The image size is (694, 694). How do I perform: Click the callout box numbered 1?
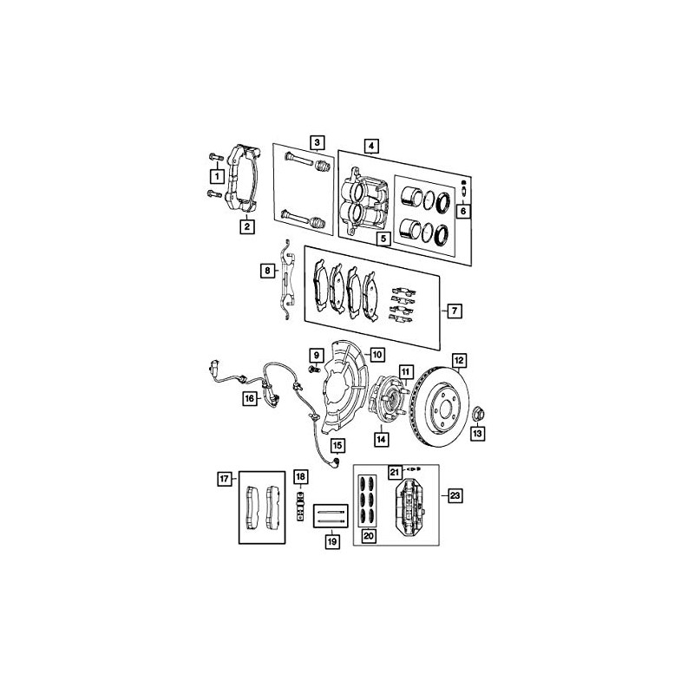217,176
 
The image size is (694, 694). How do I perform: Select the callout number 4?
371,146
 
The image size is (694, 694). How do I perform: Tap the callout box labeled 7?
455,311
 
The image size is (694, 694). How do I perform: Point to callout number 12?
459,360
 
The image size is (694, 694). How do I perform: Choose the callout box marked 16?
250,398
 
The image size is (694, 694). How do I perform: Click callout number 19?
332,540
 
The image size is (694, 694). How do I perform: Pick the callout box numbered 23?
455,495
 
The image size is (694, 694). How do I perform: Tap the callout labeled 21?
395,472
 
